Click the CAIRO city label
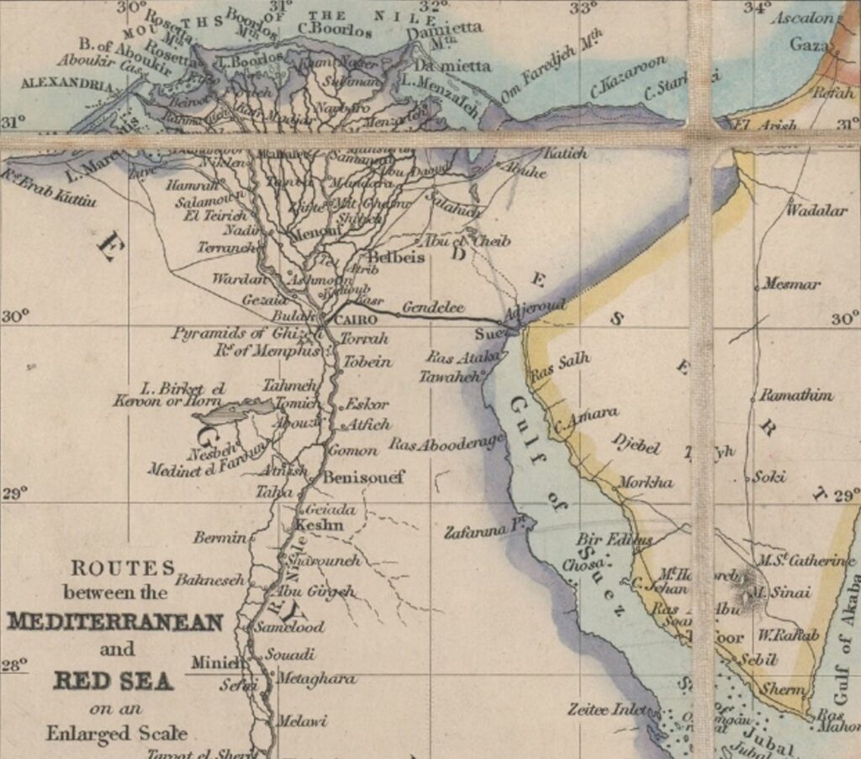coord(355,320)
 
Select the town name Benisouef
coord(364,477)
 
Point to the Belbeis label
coord(397,257)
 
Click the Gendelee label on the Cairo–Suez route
coord(432,308)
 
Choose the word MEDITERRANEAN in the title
coord(115,623)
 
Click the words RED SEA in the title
coord(113,680)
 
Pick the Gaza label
coord(809,45)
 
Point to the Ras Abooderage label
coord(446,443)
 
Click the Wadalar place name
coord(816,210)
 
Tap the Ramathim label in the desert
coord(796,395)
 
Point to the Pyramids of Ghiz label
coord(231,334)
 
